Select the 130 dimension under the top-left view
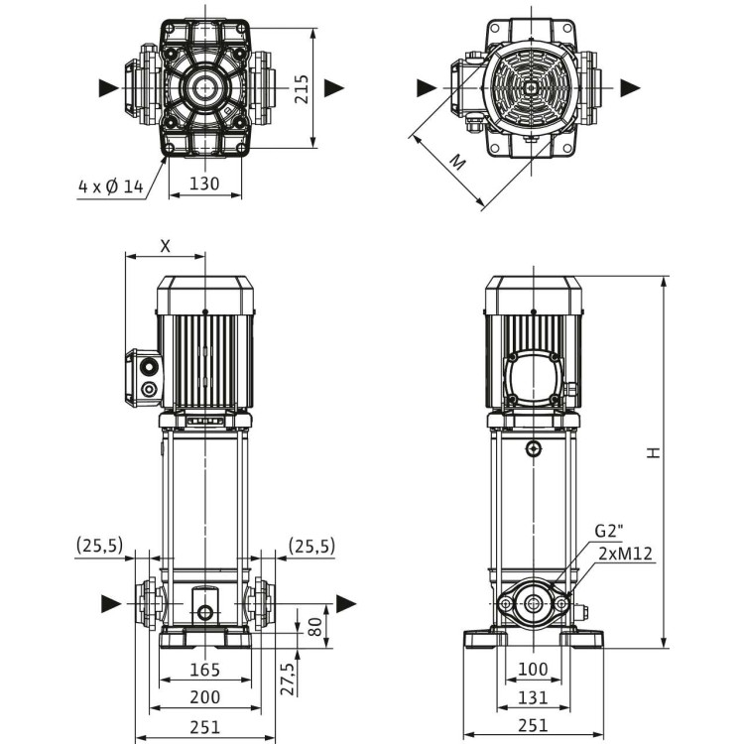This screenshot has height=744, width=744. (204, 183)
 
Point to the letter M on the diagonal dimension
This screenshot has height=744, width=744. (455, 162)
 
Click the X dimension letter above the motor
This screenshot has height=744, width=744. (165, 243)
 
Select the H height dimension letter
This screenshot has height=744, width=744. (652, 451)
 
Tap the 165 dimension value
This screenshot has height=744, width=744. (204, 671)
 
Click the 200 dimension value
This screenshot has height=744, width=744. (204, 698)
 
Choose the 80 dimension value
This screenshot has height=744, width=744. (315, 627)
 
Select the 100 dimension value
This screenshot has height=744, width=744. (533, 671)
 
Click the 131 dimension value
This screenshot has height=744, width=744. (533, 698)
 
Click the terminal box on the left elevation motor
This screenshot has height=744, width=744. (144, 376)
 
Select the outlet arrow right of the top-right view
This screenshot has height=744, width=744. (630, 87)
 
